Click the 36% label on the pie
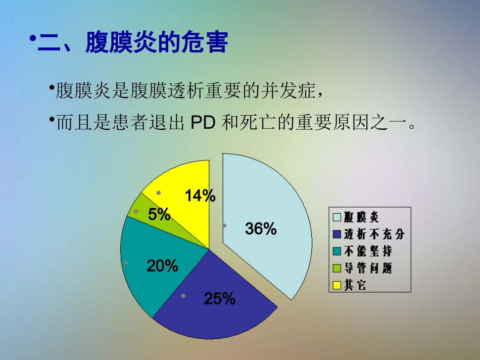261,229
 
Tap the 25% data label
220,299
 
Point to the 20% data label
162,266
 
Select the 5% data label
159,215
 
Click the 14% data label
200,196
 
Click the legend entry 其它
355,285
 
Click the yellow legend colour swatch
337,285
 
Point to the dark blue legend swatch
337,234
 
